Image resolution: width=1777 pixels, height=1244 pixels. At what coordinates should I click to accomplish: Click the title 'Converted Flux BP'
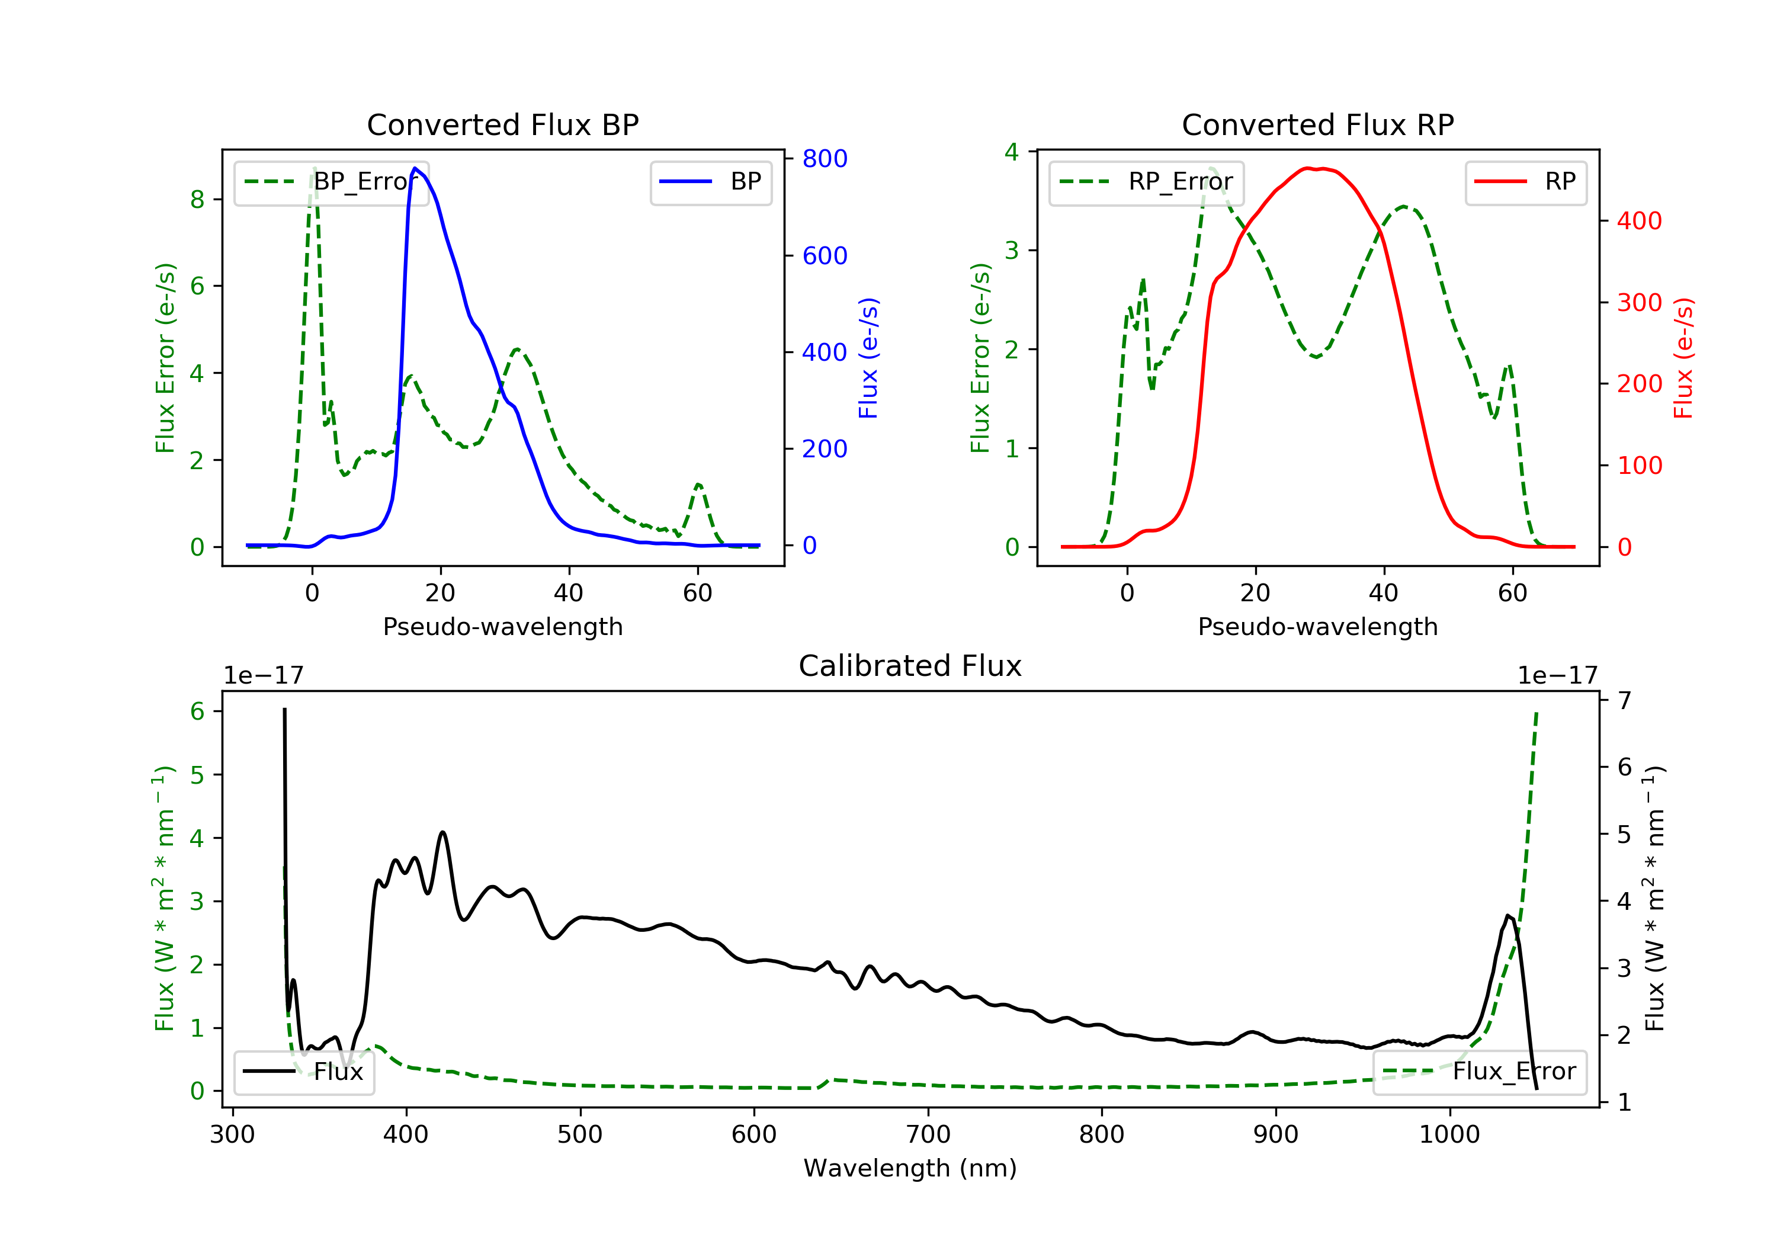(x=502, y=124)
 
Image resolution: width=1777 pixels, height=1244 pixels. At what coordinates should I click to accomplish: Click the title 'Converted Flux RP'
(x=1317, y=124)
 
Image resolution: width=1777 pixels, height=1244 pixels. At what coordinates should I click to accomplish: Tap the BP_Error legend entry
(x=331, y=182)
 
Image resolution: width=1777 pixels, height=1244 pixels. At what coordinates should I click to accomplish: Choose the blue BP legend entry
(x=710, y=182)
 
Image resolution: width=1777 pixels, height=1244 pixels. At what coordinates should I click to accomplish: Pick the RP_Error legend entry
(x=1146, y=182)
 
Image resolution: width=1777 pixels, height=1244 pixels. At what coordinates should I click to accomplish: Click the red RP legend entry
(x=1525, y=182)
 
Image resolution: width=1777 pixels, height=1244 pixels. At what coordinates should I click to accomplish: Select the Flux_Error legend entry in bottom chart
(x=1479, y=1072)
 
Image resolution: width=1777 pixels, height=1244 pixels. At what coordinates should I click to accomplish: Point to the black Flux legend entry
(x=304, y=1072)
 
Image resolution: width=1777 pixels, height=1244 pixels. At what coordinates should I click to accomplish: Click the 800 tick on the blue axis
(x=825, y=159)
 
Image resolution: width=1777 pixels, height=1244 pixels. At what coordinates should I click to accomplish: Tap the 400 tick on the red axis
(x=1639, y=222)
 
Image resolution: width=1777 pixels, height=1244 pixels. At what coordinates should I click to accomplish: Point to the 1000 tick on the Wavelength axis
(x=1449, y=1135)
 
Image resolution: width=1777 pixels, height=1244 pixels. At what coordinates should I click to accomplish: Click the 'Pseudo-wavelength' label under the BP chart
(x=502, y=627)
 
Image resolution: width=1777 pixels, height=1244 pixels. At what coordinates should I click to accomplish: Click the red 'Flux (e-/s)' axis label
(x=1683, y=358)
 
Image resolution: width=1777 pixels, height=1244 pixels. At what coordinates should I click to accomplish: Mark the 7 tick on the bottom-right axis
(x=1625, y=701)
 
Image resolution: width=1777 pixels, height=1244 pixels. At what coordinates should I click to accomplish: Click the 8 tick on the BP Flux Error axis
(x=197, y=200)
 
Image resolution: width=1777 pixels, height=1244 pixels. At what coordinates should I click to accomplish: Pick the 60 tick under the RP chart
(x=1512, y=594)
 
